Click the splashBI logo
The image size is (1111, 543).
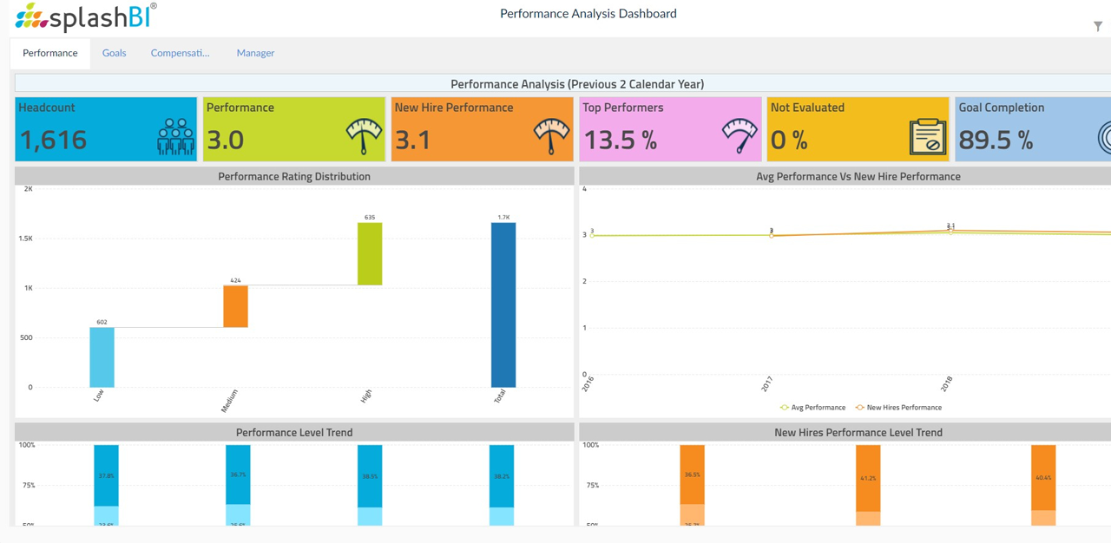[86, 17]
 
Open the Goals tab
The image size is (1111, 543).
[114, 53]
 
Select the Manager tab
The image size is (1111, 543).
[255, 53]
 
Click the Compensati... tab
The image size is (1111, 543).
[180, 53]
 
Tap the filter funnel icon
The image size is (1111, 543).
[1098, 26]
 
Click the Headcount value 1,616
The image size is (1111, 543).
[53, 140]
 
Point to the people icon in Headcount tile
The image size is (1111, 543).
[175, 137]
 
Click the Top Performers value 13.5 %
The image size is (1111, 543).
[620, 140]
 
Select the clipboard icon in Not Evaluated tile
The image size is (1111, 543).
[927, 137]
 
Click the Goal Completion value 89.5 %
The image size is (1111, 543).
[996, 140]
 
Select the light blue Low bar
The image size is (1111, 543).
[102, 357]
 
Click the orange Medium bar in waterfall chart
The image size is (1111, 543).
[235, 306]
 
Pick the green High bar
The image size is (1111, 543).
[370, 253]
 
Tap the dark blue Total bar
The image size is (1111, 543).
[503, 304]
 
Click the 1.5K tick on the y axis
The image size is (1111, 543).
[26, 239]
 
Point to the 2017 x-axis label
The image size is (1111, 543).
[766, 384]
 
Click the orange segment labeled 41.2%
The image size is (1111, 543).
[868, 478]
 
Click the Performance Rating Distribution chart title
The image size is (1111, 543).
[294, 176]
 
